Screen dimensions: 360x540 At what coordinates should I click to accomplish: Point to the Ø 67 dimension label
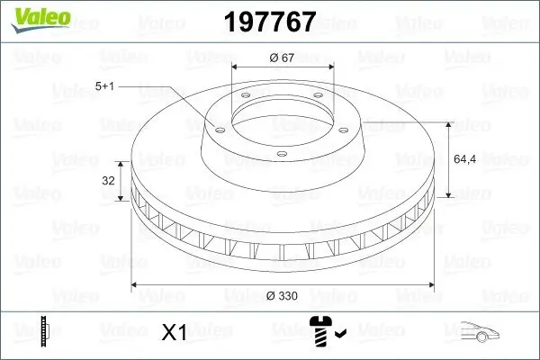coord(283,58)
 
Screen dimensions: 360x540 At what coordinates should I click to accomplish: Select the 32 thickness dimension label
coord(108,181)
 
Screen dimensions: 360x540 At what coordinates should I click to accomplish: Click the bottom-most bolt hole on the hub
coord(281,155)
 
